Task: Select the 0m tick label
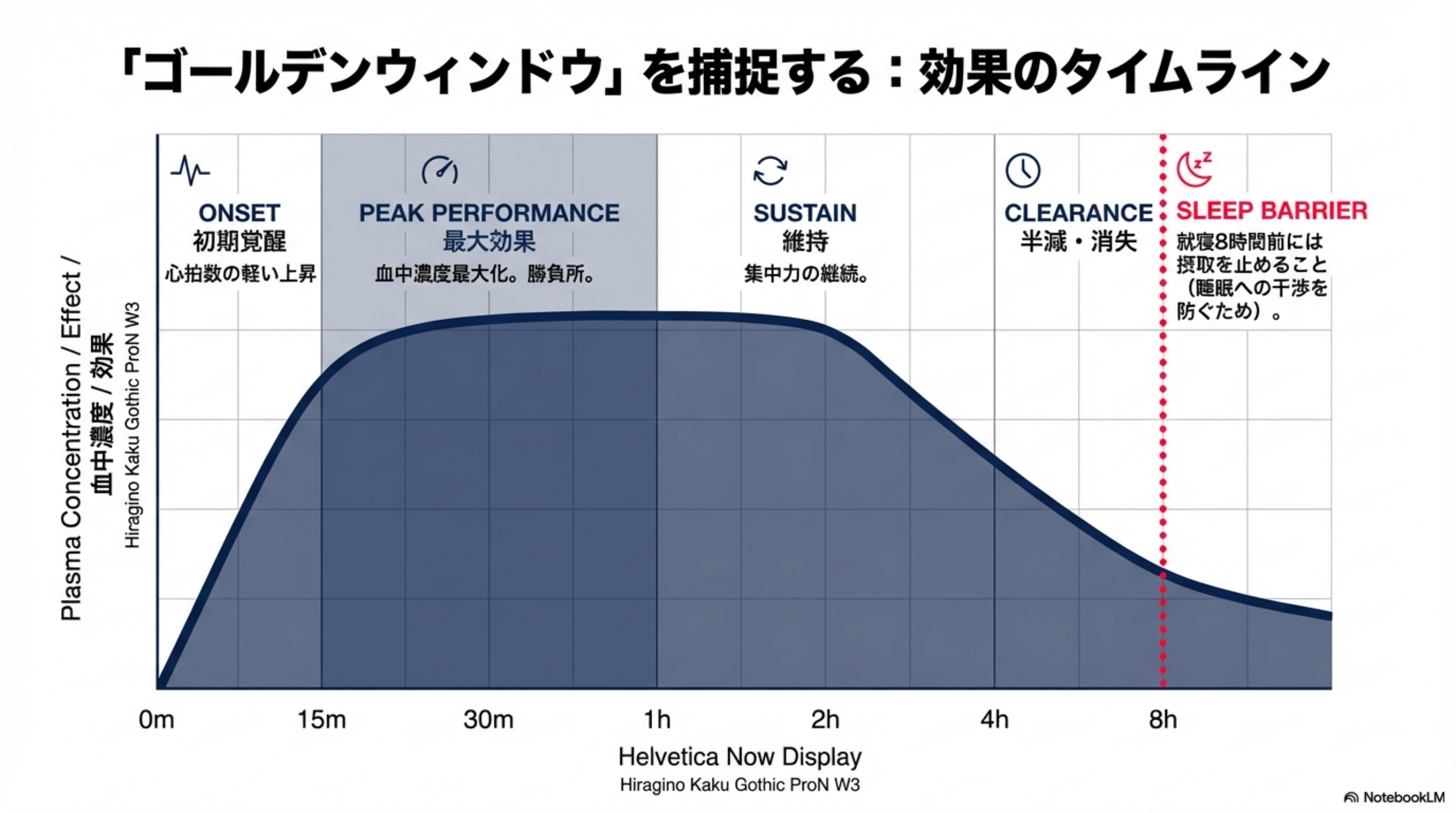(156, 720)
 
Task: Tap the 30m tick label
(489, 720)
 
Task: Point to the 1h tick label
(657, 720)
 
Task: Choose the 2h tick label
(825, 720)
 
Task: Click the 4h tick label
(994, 720)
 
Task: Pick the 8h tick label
(1163, 720)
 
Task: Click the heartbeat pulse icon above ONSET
(190, 170)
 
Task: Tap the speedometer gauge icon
(440, 170)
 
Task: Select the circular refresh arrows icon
(770, 170)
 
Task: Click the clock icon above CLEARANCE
(1023, 170)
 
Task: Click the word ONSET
(239, 213)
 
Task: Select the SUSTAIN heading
(805, 213)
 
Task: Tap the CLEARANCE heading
(1078, 213)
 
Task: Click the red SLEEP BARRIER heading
(1272, 211)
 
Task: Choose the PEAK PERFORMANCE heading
(489, 213)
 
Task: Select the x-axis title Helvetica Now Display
(740, 757)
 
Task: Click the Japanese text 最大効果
(489, 242)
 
